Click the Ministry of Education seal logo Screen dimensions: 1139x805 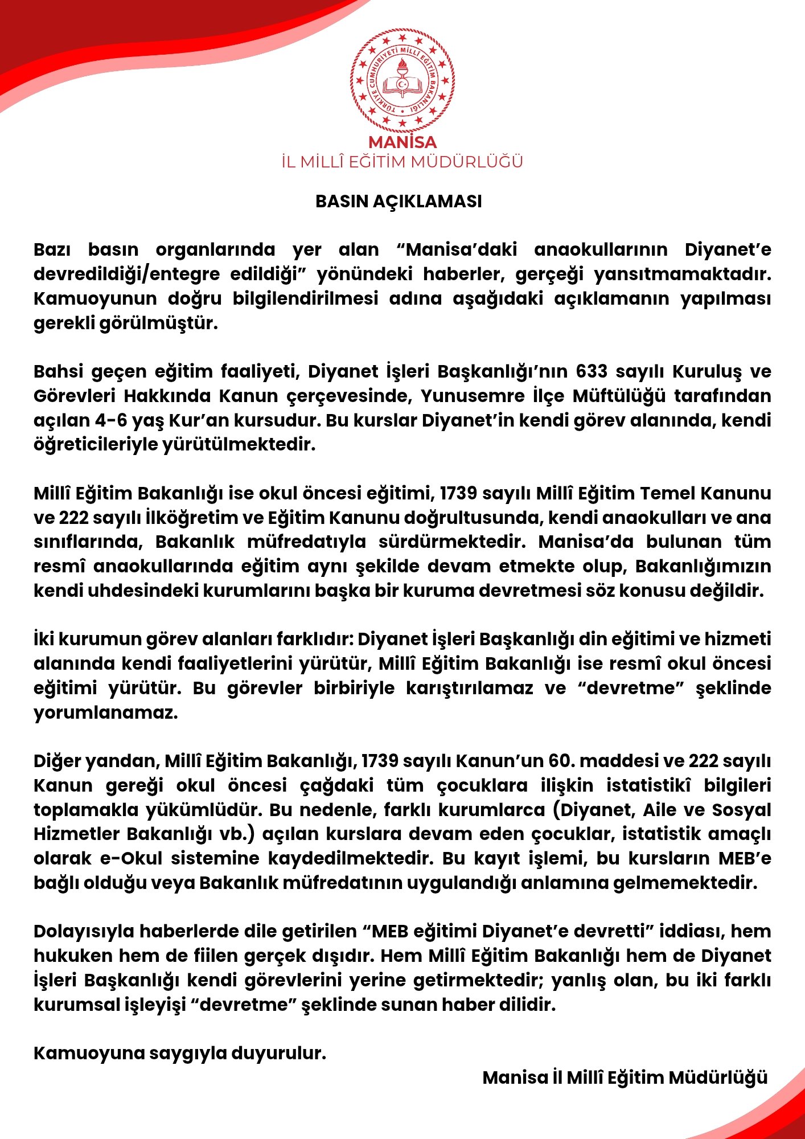click(402, 80)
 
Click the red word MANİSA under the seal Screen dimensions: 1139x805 click(402, 142)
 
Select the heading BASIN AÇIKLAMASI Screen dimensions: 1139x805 click(399, 201)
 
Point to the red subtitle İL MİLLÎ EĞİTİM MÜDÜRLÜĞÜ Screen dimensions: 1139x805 click(402, 162)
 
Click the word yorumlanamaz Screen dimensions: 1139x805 click(105, 712)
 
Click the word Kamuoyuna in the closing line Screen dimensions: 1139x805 click(88, 1053)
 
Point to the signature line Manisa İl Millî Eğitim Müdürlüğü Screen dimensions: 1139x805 click(625, 1077)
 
